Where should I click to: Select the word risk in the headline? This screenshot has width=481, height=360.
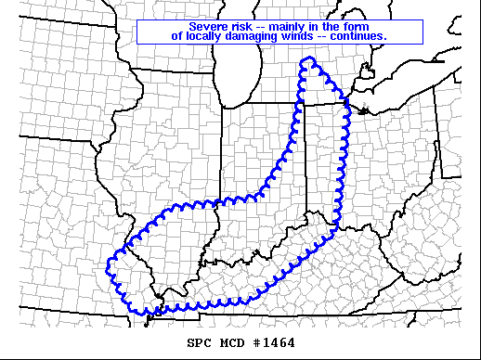pos(242,27)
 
